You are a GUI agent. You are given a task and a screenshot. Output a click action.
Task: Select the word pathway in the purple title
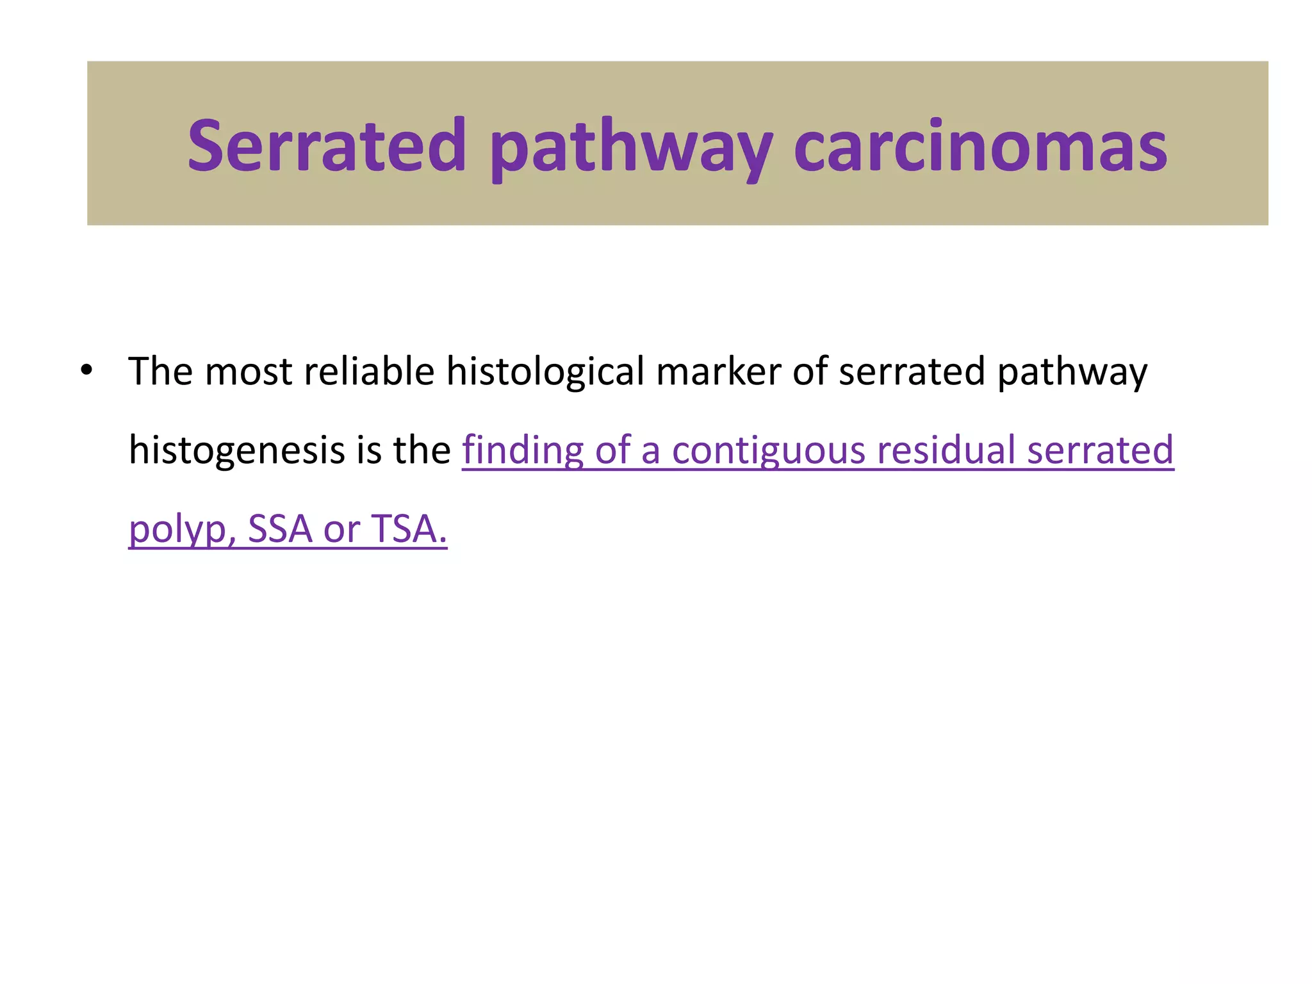point(631,151)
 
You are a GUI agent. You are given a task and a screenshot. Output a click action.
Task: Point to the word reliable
point(369,371)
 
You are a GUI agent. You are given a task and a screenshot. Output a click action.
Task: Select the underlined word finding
point(523,450)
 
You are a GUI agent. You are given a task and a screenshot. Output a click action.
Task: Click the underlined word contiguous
point(768,450)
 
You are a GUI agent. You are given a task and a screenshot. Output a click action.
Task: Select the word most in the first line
point(248,372)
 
